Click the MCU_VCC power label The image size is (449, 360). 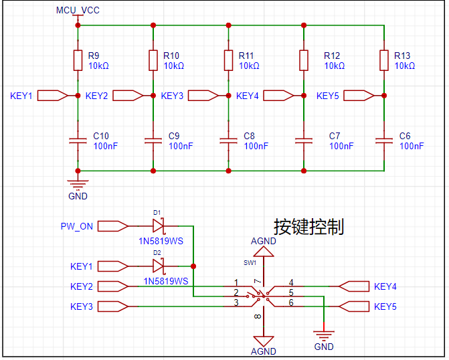coord(78,10)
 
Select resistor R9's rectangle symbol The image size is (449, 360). coord(78,60)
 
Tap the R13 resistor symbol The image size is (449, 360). coord(384,60)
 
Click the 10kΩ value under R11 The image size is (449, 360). coord(249,66)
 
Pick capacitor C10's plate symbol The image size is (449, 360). coord(78,141)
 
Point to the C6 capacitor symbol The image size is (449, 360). coord(384,141)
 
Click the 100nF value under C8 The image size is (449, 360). coord(256,146)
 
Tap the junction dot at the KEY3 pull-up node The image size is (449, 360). coord(228,96)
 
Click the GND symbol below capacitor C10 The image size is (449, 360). coord(78,184)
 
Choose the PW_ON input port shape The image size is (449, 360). coord(112,226)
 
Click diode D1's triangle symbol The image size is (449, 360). coord(158,226)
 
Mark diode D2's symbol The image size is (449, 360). coord(158,266)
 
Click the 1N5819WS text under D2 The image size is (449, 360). coord(166,281)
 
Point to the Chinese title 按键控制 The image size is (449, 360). coord(308,227)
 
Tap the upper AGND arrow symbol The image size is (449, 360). coord(264,252)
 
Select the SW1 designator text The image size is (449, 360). coord(250,262)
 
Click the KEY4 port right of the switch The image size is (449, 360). coord(354,286)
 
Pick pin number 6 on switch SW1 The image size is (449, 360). coord(291,302)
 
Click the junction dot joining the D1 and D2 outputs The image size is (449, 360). coord(193,266)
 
